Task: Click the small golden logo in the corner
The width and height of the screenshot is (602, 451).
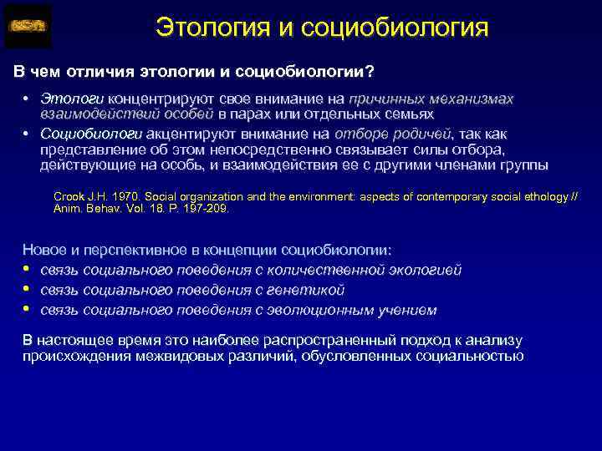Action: click(x=28, y=26)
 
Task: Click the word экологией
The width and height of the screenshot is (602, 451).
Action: click(x=426, y=270)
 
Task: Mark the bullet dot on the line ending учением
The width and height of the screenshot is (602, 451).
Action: click(x=27, y=310)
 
